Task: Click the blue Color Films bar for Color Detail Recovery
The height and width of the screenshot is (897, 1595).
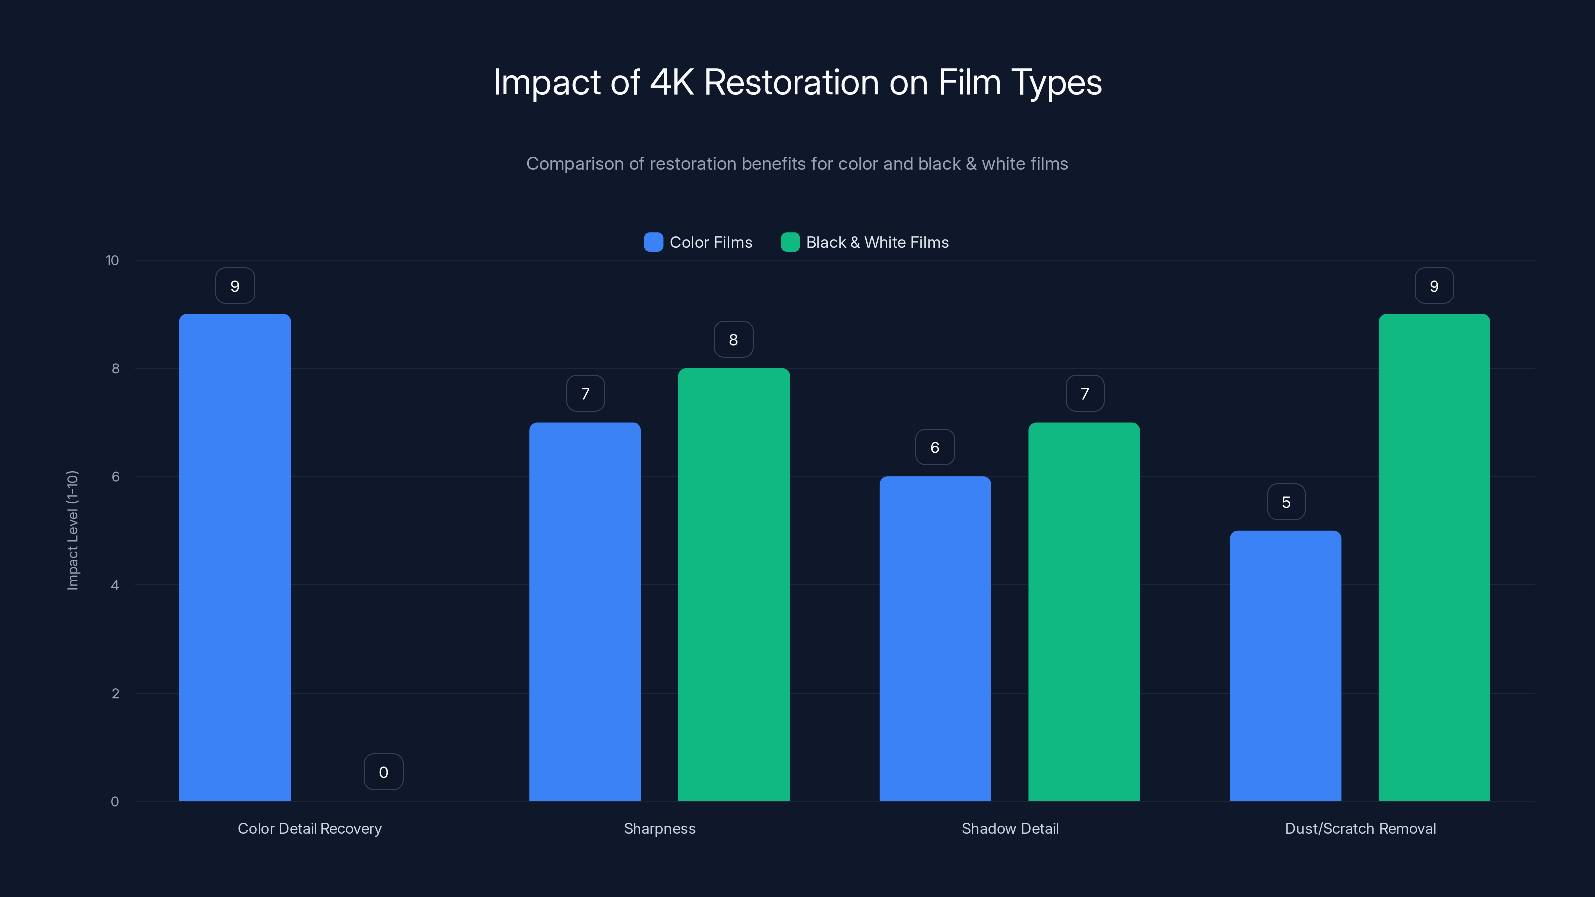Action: coord(235,557)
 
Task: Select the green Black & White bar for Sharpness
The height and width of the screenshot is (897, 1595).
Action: coord(734,585)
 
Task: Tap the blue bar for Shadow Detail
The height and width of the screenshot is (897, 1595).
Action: coord(935,638)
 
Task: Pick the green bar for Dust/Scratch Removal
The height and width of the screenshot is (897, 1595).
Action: coord(1434,557)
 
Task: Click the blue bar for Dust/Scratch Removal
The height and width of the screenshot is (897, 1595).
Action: coord(1285,665)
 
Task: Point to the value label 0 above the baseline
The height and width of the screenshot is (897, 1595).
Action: coord(383,772)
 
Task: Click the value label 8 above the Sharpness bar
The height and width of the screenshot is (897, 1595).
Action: coord(733,339)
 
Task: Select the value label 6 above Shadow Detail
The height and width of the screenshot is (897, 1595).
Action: coord(935,447)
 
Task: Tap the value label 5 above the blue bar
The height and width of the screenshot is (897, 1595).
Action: coord(1286,501)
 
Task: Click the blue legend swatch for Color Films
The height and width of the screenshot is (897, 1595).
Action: coord(653,242)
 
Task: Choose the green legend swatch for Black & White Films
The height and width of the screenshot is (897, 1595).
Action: coord(790,242)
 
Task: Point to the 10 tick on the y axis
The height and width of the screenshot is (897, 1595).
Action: coord(112,260)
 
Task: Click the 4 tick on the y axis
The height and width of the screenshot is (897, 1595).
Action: coord(115,585)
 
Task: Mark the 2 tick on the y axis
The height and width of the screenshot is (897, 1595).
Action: coord(115,693)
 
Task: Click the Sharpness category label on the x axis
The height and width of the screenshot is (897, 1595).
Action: coord(659,828)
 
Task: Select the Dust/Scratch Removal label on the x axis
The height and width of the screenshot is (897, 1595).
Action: coord(1360,828)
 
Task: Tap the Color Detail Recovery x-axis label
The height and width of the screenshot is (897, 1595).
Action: coord(310,828)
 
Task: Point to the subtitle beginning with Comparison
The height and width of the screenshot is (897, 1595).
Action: coord(797,163)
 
